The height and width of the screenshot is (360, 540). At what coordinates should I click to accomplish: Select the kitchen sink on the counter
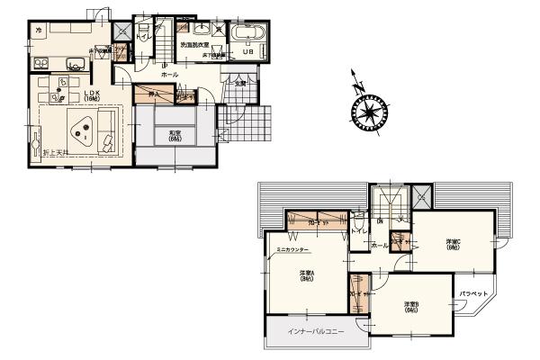(x=75, y=62)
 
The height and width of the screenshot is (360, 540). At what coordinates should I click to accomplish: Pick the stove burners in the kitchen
(x=40, y=62)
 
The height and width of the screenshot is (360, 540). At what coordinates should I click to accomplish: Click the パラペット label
(x=473, y=294)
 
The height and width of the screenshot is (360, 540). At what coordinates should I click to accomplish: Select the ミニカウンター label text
(x=292, y=248)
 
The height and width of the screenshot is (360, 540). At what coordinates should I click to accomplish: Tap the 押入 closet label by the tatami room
(x=153, y=93)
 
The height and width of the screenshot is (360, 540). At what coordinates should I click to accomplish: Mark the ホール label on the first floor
(x=168, y=74)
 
